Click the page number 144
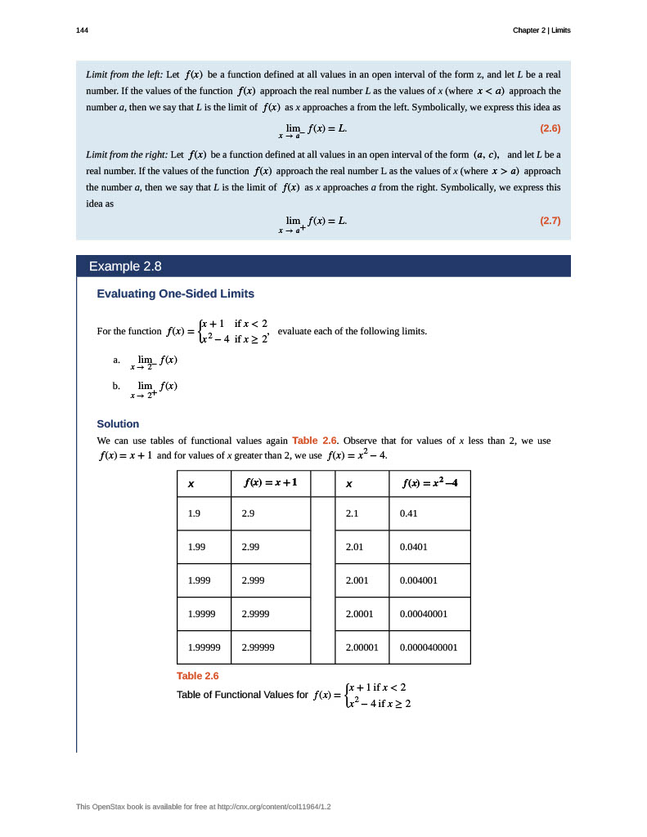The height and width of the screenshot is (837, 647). (82, 30)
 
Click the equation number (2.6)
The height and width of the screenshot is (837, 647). (550, 128)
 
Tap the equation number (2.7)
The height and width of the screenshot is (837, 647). (550, 221)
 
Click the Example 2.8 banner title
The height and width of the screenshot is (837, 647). (125, 266)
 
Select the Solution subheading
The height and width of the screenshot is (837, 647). (118, 423)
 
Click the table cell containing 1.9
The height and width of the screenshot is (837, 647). (195, 513)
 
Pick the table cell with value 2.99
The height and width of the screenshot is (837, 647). (250, 547)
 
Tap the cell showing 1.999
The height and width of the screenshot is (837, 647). (199, 580)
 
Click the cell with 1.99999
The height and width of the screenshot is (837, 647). (204, 647)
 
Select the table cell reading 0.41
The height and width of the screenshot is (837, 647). (409, 513)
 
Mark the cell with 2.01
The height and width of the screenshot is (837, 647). (354, 547)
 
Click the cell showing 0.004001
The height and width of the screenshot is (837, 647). (419, 580)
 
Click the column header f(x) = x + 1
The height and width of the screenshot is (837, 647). (270, 482)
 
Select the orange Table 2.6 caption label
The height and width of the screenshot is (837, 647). (198, 676)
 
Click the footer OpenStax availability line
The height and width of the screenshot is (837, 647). (204, 807)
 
